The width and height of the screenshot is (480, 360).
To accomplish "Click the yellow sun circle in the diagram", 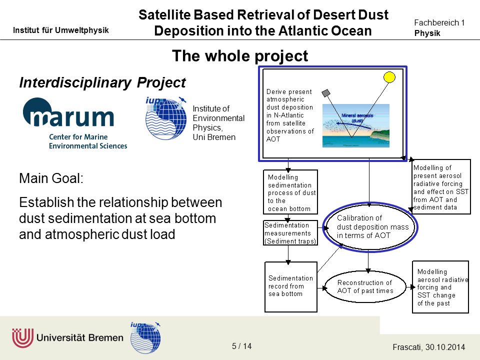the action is pyautogui.click(x=389, y=77).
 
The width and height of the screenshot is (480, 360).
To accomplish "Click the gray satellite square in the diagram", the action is pyautogui.click(x=326, y=93).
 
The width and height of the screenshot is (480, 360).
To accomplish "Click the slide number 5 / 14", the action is pyautogui.click(x=241, y=346).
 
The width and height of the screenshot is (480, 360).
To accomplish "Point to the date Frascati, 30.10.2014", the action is pyautogui.click(x=428, y=347).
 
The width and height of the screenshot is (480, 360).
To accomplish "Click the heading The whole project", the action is pyautogui.click(x=240, y=56).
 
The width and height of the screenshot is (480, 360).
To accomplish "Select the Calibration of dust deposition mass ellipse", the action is pyautogui.click(x=370, y=227).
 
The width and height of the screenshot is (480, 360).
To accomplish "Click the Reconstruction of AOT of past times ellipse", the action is pyautogui.click(x=365, y=287).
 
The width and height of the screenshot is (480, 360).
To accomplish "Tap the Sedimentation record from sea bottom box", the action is pyautogui.click(x=291, y=287).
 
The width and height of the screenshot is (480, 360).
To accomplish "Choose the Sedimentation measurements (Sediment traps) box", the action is pyautogui.click(x=290, y=233).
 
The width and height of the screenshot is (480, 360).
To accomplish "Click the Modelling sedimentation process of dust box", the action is pyautogui.click(x=290, y=192).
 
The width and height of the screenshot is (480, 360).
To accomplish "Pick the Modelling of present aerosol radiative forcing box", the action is pyautogui.click(x=440, y=186).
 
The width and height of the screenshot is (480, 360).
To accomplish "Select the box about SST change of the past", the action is pyautogui.click(x=440, y=287).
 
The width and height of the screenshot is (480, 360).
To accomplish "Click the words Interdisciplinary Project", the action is pyautogui.click(x=102, y=82).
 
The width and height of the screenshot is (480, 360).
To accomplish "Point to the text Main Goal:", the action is pyautogui.click(x=51, y=178).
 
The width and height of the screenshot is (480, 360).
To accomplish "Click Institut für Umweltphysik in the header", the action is pyautogui.click(x=61, y=30).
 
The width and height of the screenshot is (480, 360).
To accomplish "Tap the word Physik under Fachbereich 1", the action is pyautogui.click(x=427, y=33).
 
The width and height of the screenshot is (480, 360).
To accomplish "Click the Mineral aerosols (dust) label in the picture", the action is pyautogui.click(x=357, y=118).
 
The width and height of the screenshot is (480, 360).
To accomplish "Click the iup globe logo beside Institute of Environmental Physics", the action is pyautogui.click(x=166, y=118).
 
